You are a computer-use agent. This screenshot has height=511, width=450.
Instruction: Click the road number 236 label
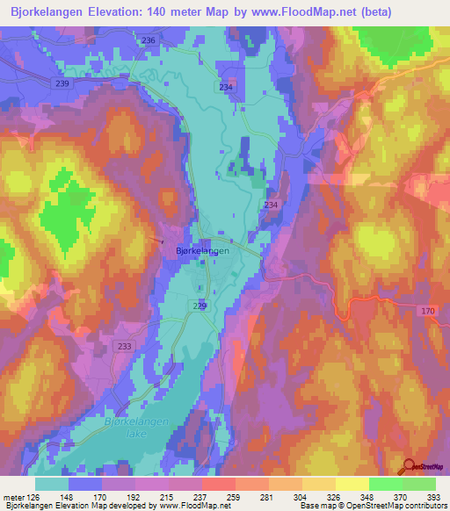click(148, 41)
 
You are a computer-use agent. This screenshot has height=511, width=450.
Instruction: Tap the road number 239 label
click(62, 83)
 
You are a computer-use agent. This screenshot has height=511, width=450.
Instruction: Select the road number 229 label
click(200, 305)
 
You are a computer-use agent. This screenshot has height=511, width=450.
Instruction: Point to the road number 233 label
click(124, 347)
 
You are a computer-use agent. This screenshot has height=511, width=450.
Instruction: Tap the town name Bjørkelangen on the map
click(198, 250)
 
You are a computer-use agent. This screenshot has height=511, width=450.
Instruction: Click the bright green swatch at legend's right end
click(418, 484)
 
